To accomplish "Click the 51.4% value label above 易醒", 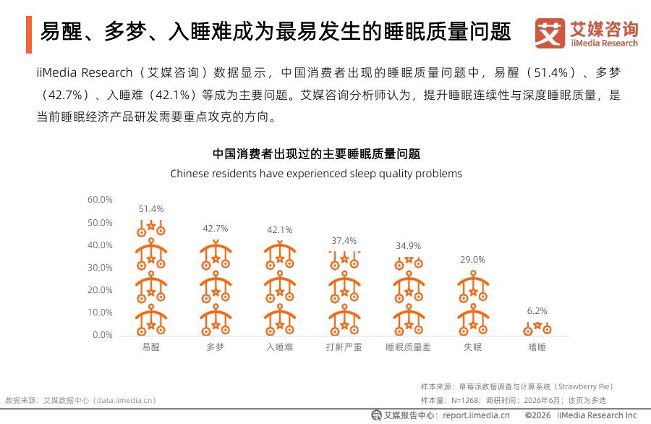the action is click(151, 209).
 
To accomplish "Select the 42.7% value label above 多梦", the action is click(216, 229).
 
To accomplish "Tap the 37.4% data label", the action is click(344, 241).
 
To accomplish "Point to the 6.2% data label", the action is click(537, 311).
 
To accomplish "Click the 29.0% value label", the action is click(472, 260).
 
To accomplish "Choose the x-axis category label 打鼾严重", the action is click(344, 347).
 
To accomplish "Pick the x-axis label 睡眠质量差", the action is click(408, 347).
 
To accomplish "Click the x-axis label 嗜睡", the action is click(537, 347).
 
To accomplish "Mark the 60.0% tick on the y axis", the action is click(100, 200).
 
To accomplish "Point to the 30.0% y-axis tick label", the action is click(100, 268).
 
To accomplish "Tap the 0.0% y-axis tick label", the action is click(103, 335).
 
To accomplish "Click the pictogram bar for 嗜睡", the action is click(537, 328).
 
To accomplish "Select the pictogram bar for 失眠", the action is click(473, 302).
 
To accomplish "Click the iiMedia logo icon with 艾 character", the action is click(550, 33).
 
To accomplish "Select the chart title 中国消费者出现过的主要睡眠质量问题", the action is click(316, 154).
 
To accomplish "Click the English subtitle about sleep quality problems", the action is click(316, 174).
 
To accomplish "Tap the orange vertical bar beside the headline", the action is click(29, 35).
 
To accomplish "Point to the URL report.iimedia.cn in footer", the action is click(476, 415).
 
